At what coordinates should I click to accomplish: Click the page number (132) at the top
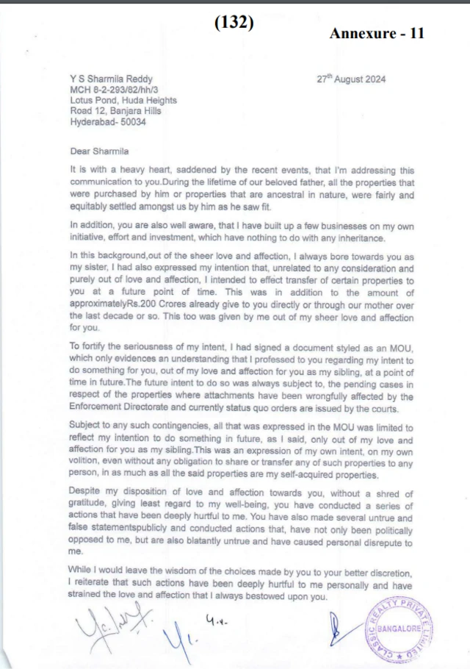[x=234, y=23]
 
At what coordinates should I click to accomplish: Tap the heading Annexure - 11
[x=377, y=34]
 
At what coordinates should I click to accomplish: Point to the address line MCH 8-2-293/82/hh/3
[x=114, y=90]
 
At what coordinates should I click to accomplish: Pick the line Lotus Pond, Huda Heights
[x=123, y=101]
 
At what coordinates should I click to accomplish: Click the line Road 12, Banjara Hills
[x=115, y=112]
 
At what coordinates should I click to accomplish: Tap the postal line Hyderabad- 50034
[x=107, y=122]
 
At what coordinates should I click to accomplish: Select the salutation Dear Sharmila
[x=99, y=151]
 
